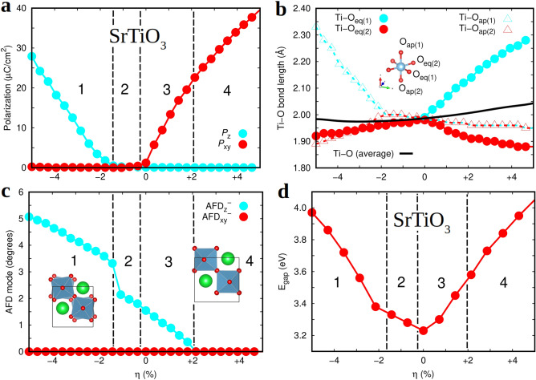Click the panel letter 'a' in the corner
tap(6, 8)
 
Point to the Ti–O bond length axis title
tap(283, 88)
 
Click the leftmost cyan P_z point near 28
tap(32, 56)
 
